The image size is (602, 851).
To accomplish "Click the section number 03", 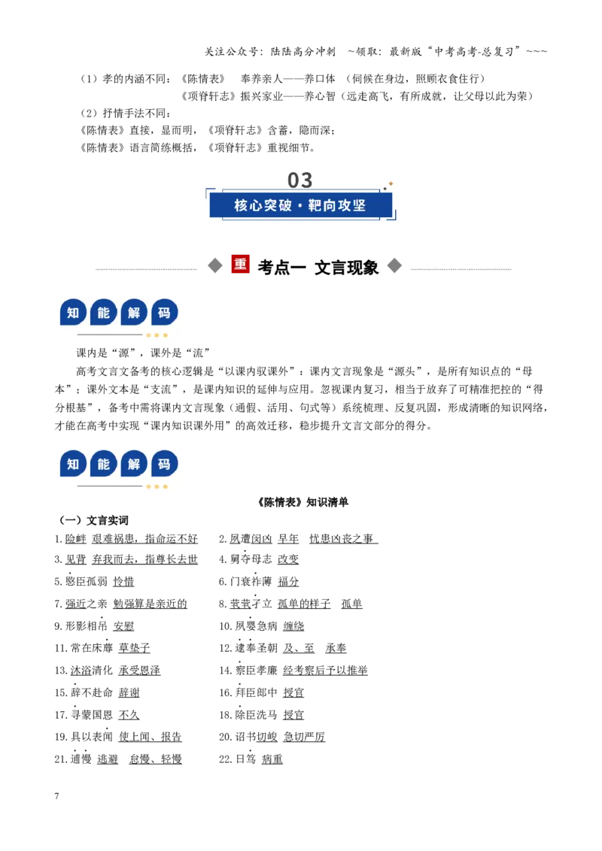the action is [299, 180].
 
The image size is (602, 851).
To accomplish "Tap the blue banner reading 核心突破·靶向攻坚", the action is [300, 205].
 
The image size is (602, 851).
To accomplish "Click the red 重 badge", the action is [240, 264].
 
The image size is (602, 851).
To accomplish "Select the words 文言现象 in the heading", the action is [346, 267].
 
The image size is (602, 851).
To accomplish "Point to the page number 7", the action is [56, 795].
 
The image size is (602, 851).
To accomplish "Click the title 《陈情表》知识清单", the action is [303, 502].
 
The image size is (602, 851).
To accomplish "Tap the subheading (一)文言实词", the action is [93, 520].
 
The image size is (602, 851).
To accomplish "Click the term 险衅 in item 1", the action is [75, 538].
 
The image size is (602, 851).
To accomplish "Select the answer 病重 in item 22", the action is [272, 759].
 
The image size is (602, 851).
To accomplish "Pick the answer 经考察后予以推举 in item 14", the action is [325, 671].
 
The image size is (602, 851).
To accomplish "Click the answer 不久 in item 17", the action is [129, 715].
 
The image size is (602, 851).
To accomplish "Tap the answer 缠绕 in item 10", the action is [293, 625].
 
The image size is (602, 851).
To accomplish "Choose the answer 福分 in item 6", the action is [288, 581].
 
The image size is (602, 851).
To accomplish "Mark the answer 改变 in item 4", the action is [288, 559].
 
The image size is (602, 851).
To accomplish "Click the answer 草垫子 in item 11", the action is [134, 648].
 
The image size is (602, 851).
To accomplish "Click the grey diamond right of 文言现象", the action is [394, 265].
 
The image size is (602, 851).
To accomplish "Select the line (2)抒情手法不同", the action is [126, 113].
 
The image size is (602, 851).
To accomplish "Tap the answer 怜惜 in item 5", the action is [123, 581].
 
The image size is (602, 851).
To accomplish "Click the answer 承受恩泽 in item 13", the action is [139, 671].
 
